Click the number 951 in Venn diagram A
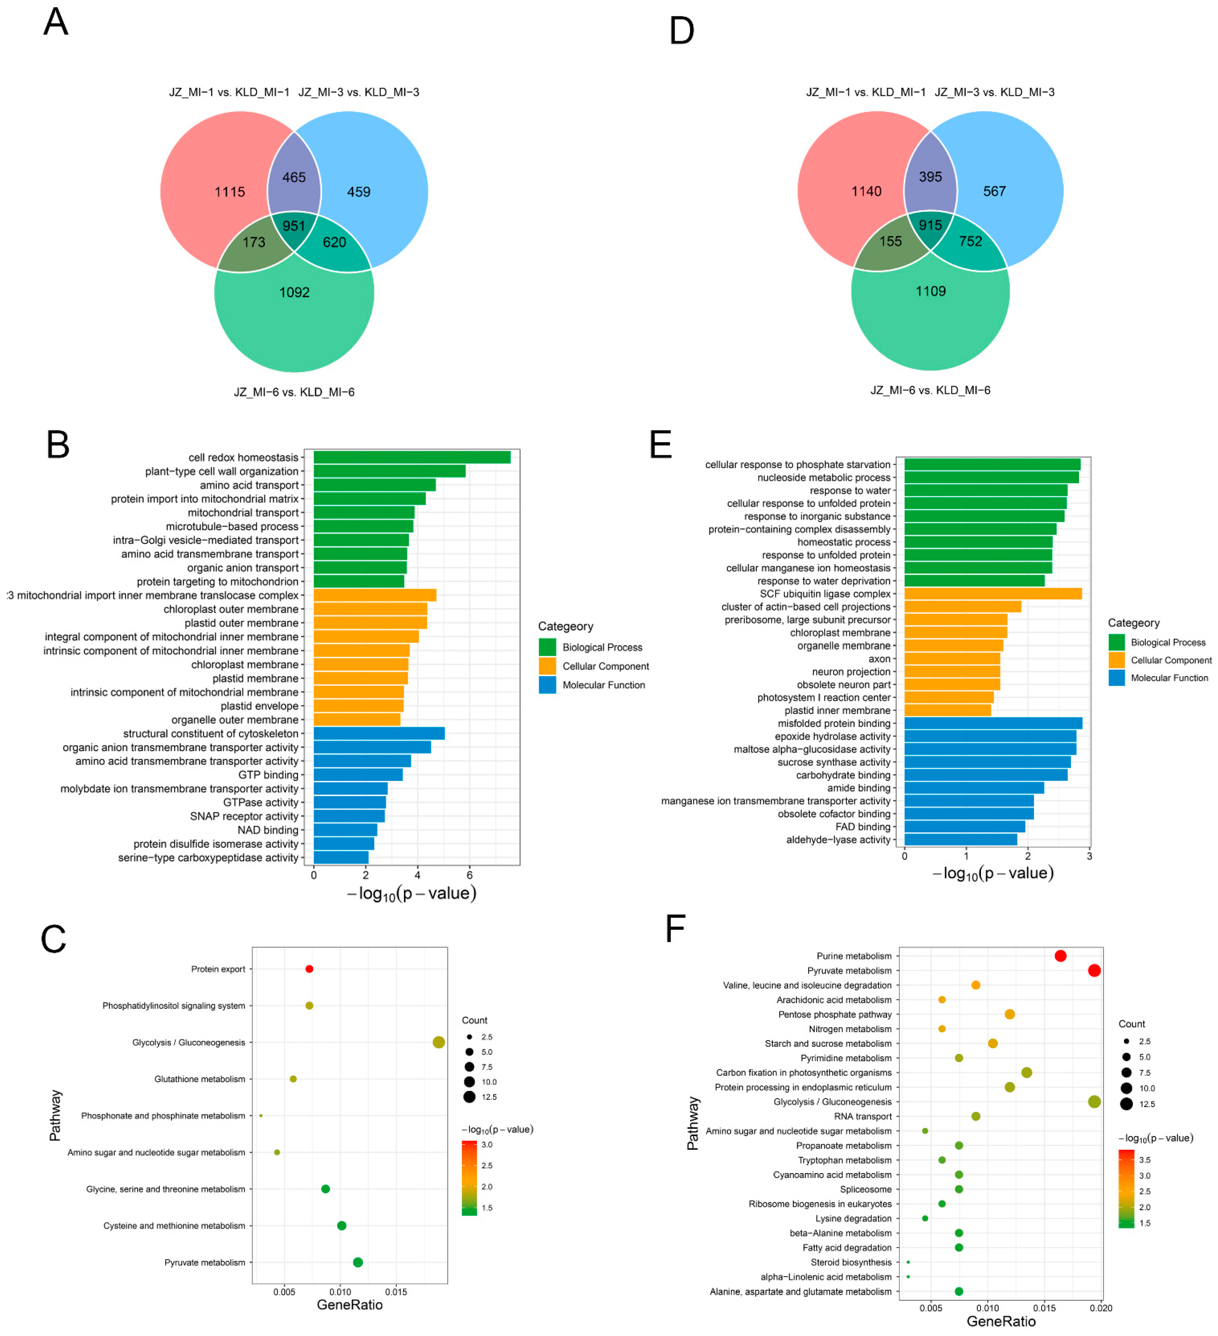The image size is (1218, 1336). coord(294,226)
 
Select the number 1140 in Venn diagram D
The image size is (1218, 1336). coord(866,191)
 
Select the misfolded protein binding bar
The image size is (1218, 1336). coord(993,723)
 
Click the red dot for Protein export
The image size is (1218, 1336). coord(309,969)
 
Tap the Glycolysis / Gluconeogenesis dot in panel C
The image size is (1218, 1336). coord(438,1042)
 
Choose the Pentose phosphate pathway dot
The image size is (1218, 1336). coord(1009,1014)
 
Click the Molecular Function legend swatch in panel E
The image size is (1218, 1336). coord(1117,678)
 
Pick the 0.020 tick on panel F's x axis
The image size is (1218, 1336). coord(1101,1308)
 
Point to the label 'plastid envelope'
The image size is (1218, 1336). coord(259,706)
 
